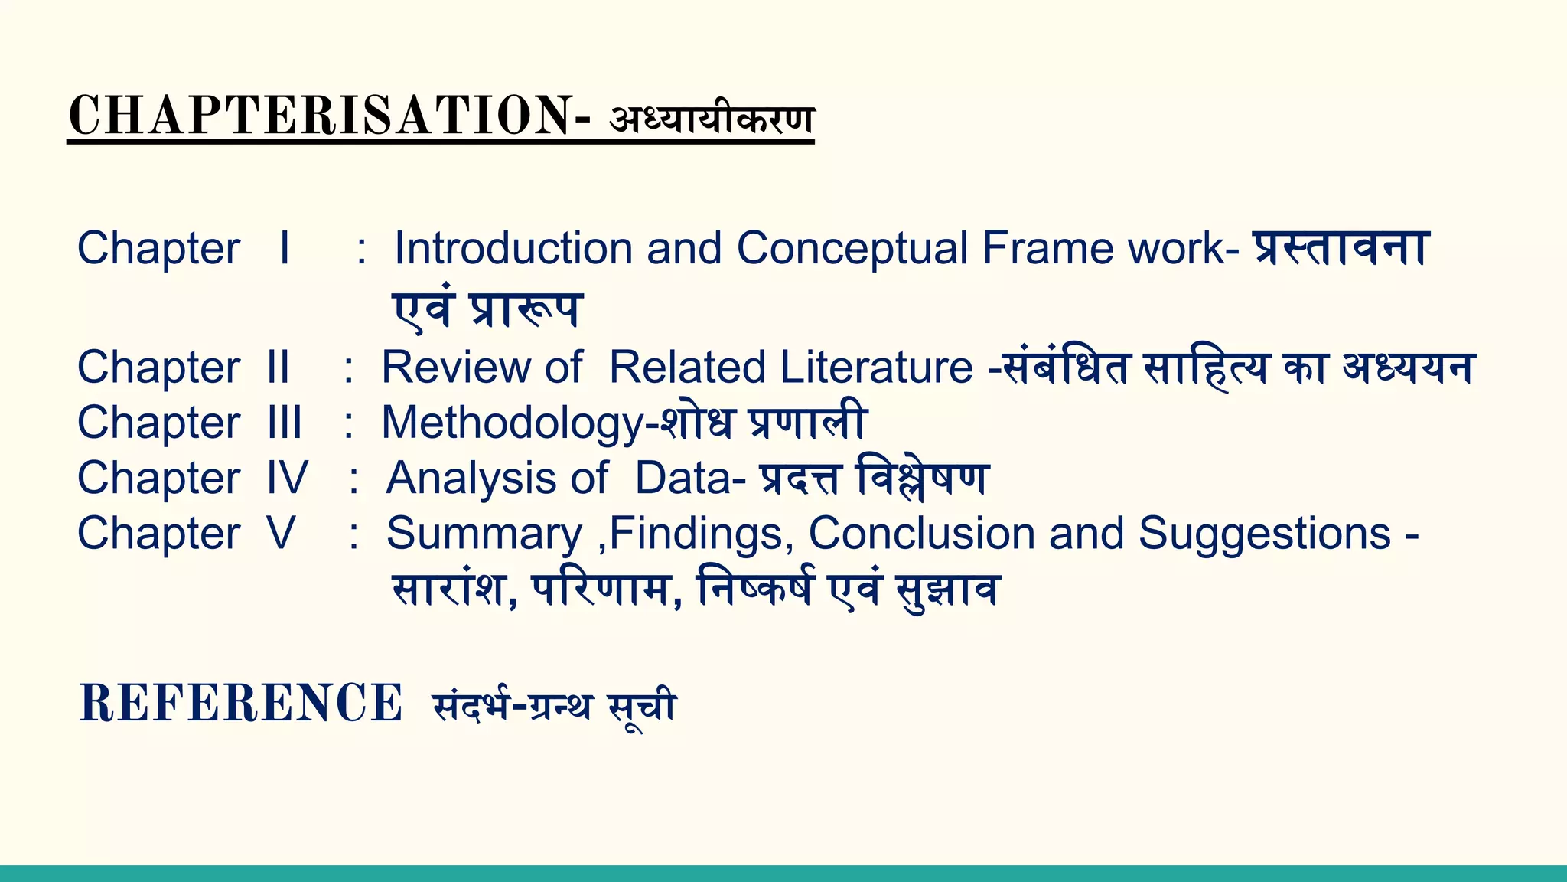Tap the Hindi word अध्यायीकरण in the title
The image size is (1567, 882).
coord(712,119)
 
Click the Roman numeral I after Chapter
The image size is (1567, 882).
coord(285,248)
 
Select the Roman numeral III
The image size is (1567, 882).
coord(285,423)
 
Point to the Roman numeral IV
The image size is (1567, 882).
coord(287,478)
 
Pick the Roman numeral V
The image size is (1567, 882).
coord(281,533)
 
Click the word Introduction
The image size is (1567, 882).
coord(513,248)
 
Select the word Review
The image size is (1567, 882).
coord(454,367)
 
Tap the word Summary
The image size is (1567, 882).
coord(484,534)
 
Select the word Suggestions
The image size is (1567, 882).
coord(1264,533)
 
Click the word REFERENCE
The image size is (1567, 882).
coord(240,703)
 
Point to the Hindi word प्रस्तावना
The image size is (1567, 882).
coord(1341,248)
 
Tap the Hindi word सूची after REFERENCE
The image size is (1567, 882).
coord(642,706)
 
